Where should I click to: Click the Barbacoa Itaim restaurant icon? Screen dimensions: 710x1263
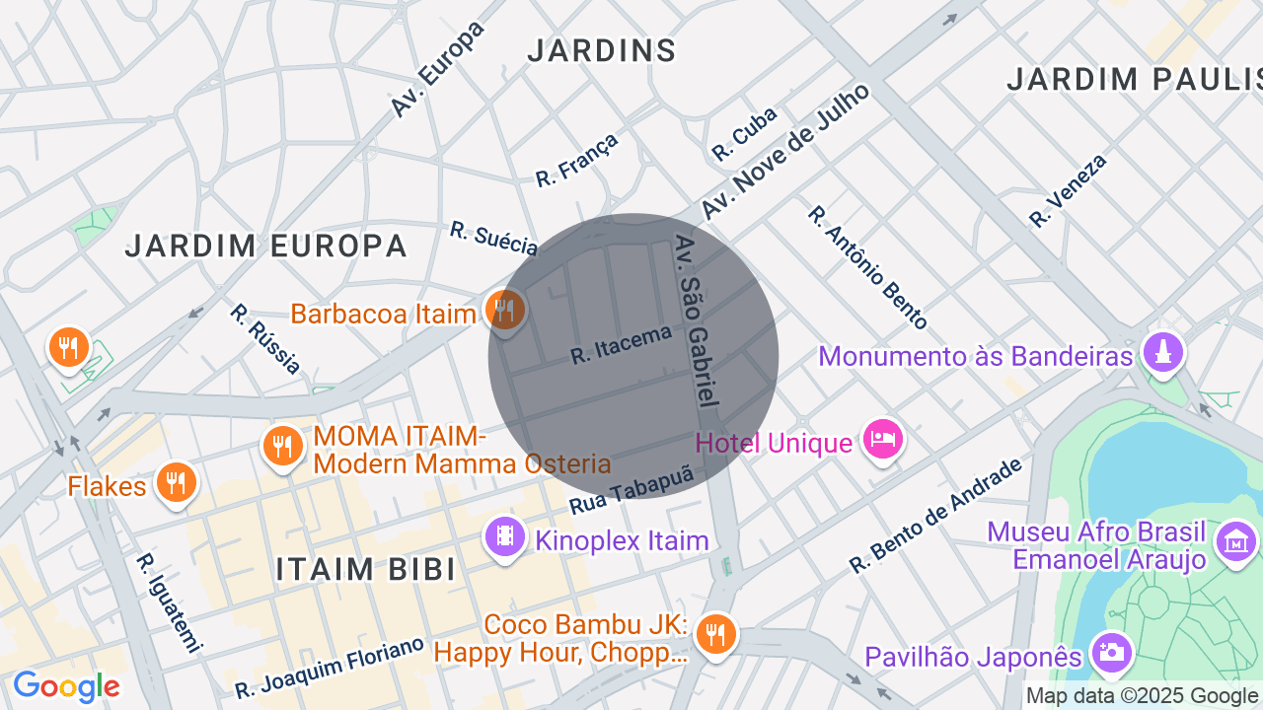(x=505, y=311)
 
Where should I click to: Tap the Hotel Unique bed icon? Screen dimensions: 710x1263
(x=882, y=437)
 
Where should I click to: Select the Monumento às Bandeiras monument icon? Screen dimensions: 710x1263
(x=1162, y=352)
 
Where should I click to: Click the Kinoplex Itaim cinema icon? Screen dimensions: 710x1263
(x=505, y=537)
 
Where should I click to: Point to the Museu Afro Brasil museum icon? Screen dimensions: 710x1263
(x=1236, y=541)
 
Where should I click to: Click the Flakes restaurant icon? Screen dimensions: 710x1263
(x=177, y=482)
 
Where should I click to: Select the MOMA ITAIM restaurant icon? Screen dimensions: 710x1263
(x=283, y=446)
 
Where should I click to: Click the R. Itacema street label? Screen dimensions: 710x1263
(x=621, y=344)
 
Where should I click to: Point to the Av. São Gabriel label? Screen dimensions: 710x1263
(x=696, y=321)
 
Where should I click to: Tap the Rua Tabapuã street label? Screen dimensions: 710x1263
(x=631, y=490)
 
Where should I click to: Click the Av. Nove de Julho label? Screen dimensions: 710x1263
(x=785, y=152)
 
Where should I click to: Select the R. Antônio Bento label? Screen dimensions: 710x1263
(x=867, y=267)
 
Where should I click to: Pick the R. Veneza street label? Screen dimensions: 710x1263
(x=1068, y=190)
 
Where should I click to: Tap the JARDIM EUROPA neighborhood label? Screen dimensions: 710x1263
(x=266, y=246)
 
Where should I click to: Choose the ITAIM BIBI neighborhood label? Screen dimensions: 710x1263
(x=365, y=569)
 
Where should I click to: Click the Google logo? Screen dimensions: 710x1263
(x=66, y=686)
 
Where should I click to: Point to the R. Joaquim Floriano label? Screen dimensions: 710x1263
(x=330, y=668)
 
